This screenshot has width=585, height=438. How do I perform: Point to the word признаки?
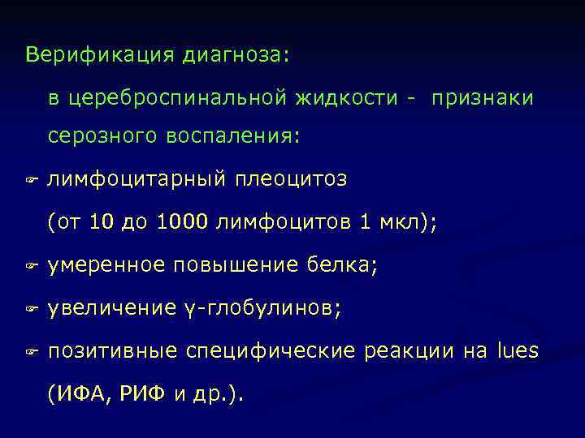pos(483,98)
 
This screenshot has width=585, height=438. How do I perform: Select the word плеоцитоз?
pos(291,178)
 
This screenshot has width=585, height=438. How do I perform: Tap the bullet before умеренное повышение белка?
pos(32,266)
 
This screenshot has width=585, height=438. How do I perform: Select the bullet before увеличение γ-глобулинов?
pos(32,310)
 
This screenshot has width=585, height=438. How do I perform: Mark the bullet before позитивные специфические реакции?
pos(32,353)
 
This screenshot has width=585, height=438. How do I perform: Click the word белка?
pos(344,265)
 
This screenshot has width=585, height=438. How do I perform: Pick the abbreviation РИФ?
pos(140,395)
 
